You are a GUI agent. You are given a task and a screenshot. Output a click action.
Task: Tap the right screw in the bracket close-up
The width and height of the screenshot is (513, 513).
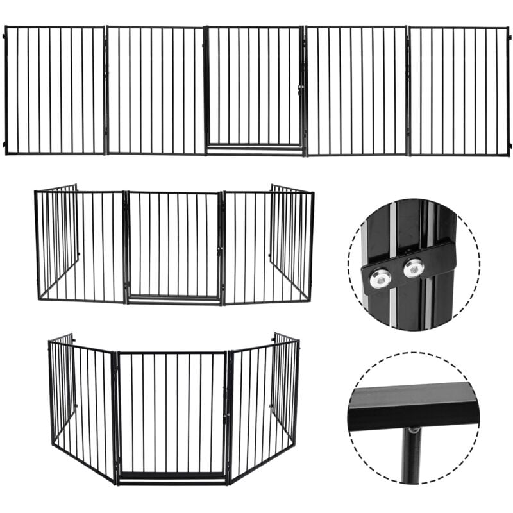click(x=413, y=267)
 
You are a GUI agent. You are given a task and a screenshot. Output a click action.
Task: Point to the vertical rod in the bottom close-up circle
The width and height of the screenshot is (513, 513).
click(x=411, y=455)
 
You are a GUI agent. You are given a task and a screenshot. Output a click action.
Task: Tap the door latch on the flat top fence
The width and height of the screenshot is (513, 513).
click(x=299, y=90)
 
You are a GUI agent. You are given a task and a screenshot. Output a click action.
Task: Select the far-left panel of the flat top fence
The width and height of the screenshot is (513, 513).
click(x=55, y=90)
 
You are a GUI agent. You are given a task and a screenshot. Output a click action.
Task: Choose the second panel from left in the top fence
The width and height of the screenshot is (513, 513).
click(x=155, y=90)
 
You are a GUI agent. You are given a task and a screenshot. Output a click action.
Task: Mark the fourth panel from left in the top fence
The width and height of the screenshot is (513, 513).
click(x=357, y=90)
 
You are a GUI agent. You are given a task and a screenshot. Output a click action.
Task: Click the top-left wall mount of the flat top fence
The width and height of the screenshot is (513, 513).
click(x=4, y=36)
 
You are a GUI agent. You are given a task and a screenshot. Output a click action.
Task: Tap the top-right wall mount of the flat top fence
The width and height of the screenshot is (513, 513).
click(x=509, y=36)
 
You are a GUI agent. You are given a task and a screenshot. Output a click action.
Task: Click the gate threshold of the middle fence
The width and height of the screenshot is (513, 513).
click(x=173, y=298)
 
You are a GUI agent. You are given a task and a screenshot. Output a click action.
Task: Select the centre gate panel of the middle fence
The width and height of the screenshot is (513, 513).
click(x=173, y=244)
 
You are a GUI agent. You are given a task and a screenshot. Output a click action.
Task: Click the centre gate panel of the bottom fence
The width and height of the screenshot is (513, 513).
click(x=172, y=410)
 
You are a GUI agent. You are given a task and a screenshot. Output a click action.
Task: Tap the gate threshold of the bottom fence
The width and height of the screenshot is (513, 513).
click(x=172, y=475)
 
